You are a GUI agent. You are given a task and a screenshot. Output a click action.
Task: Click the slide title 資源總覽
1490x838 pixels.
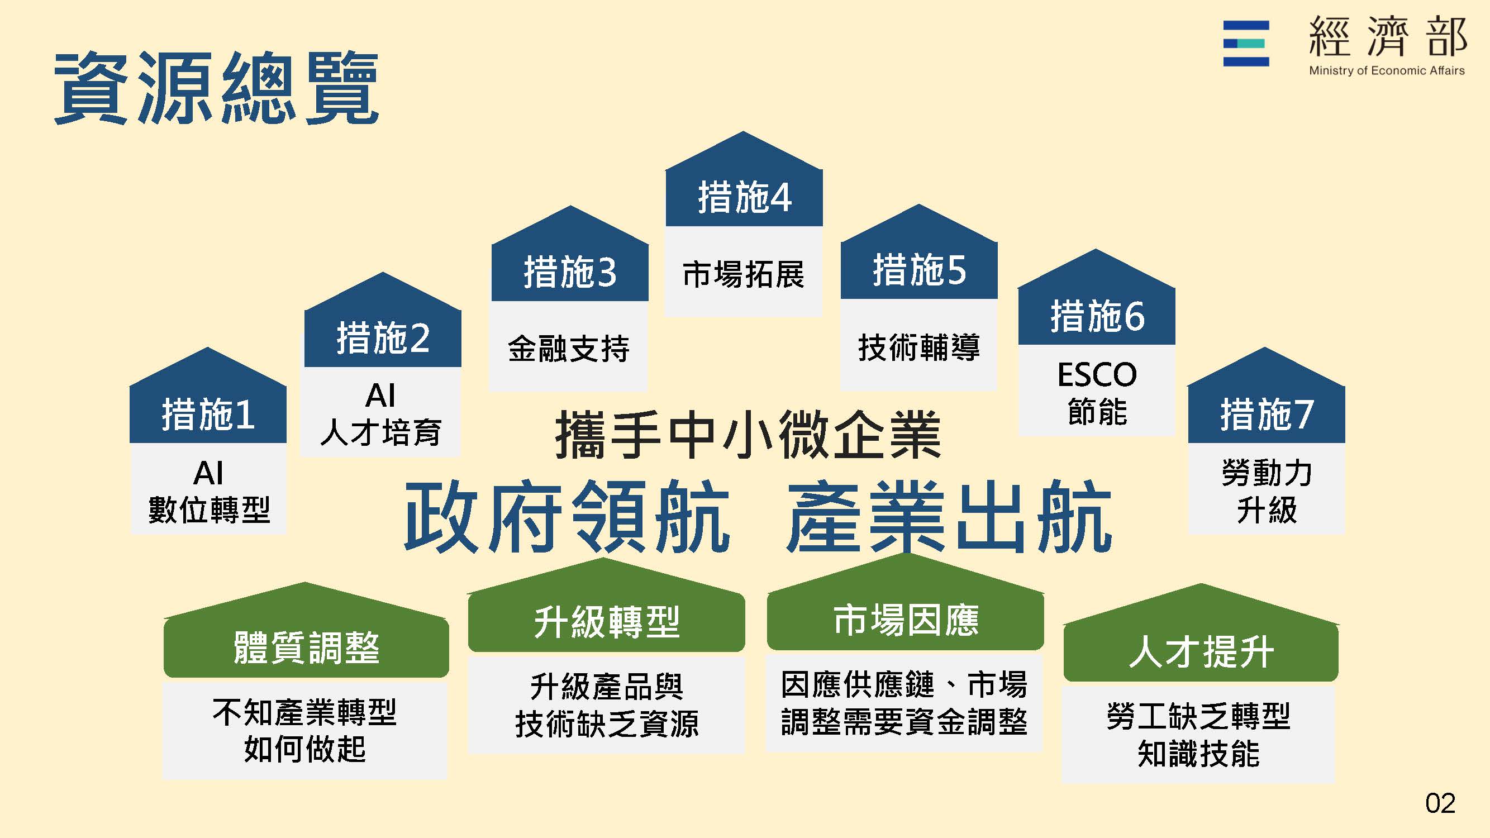click(216, 87)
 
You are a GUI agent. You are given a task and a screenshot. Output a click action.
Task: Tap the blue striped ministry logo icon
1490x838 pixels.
click(1246, 44)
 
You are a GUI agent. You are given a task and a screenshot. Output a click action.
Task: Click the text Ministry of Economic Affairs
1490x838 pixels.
click(1387, 70)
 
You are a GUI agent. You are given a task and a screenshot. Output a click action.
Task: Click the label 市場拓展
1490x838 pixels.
click(743, 274)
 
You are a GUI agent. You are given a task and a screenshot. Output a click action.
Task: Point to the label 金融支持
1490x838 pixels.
click(569, 348)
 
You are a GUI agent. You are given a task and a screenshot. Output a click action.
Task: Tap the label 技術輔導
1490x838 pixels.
click(918, 347)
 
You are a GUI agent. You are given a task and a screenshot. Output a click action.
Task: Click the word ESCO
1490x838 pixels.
click(1097, 375)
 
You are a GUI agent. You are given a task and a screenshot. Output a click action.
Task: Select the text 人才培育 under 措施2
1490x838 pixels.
click(381, 432)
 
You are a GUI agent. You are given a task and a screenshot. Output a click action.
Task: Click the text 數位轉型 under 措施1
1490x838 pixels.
click(209, 510)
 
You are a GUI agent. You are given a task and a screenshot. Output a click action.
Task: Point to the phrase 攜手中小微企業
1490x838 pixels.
click(748, 434)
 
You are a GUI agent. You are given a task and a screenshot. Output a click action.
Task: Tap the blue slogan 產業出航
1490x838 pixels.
click(949, 516)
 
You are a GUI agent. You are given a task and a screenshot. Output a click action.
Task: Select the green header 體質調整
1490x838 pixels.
click(306, 647)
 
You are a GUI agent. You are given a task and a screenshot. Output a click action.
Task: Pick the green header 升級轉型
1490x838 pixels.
click(606, 622)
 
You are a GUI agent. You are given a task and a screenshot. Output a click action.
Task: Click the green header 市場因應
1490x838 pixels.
click(906, 620)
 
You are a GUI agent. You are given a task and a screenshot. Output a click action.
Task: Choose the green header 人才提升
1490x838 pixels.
click(1201, 651)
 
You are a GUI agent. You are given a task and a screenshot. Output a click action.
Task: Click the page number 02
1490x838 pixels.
click(1440, 803)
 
